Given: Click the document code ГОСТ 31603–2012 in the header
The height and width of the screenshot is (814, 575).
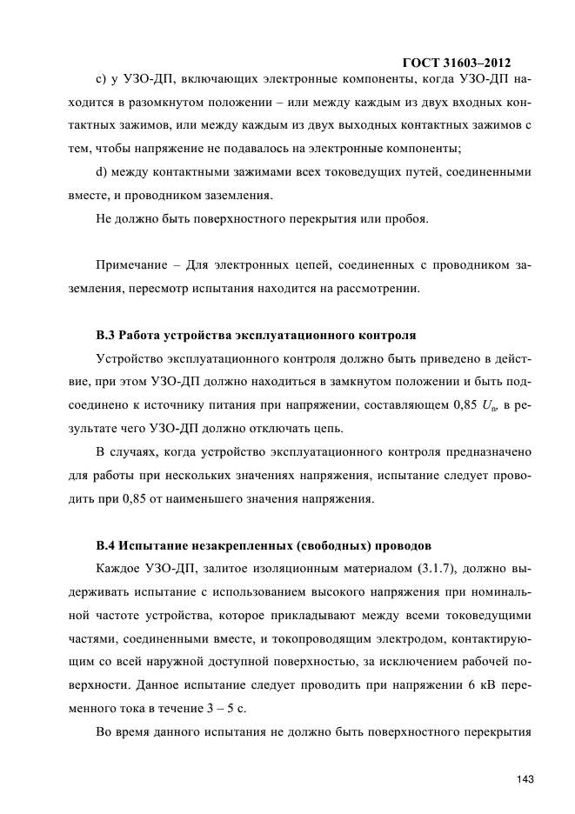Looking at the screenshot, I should [x=457, y=63].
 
